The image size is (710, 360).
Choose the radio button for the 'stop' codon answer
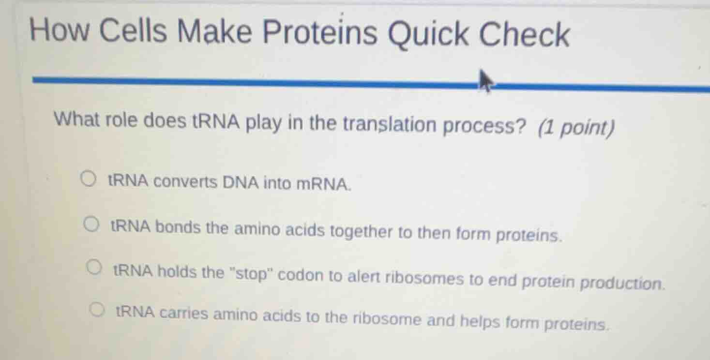(94, 268)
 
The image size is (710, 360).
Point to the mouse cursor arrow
(485, 81)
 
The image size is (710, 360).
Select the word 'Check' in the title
(525, 34)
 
